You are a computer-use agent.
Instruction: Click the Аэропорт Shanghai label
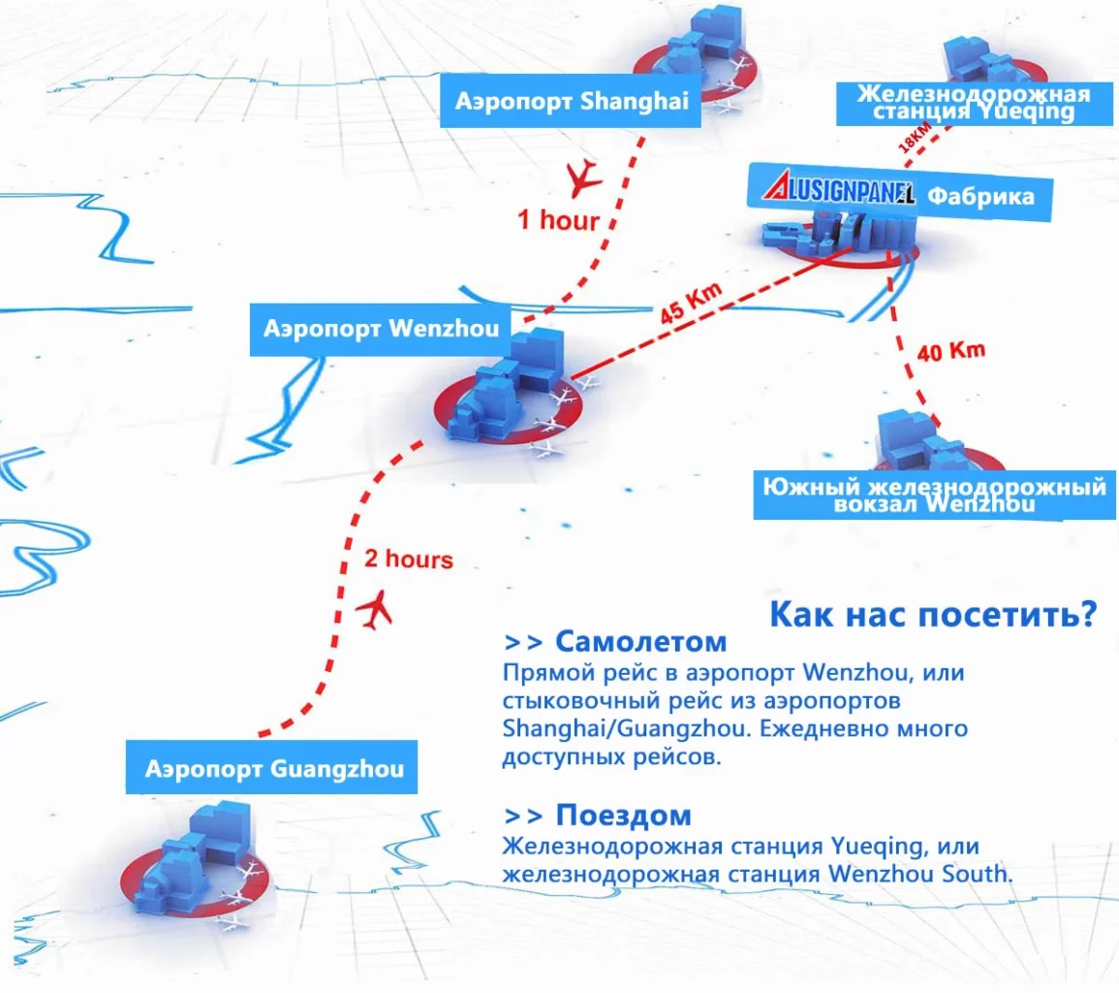pos(571,101)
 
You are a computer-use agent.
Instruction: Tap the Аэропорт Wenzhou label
pos(381,329)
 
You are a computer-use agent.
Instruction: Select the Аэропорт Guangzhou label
pos(272,768)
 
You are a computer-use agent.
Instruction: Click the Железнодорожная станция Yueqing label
pos(974,103)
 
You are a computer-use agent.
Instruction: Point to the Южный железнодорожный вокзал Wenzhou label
pos(934,496)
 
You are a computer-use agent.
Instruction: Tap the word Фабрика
pos(980,196)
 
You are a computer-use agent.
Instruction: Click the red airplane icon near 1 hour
pos(582,177)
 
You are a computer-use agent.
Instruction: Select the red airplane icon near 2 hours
pos(375,610)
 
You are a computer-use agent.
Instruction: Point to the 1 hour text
pos(557,220)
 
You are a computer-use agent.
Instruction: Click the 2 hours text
pos(408,558)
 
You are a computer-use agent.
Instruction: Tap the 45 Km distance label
pos(690,303)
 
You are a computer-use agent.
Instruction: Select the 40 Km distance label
pos(950,351)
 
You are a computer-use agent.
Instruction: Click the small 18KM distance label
pos(915,137)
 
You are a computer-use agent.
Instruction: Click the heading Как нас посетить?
pos(933,615)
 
